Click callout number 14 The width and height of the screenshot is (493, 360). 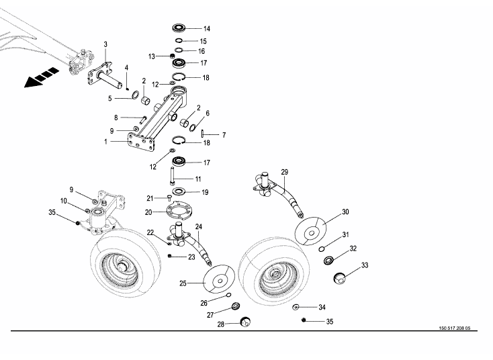tap(207, 29)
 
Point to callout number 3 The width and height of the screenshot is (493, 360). tap(105, 44)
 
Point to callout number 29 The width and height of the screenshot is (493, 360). tap(284, 173)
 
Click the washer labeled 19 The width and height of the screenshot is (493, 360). tap(180, 192)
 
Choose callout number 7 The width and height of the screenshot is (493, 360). tap(224, 135)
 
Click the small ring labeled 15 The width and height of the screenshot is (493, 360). tap(180, 40)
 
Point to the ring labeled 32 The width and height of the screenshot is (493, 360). tap(329, 261)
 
